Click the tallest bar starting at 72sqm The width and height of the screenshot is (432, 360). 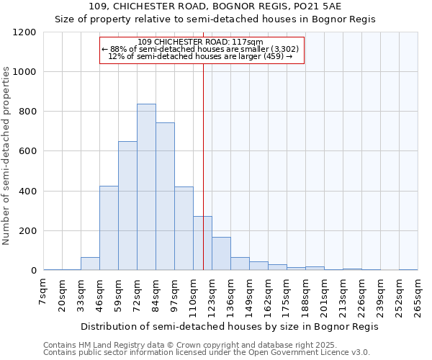146,187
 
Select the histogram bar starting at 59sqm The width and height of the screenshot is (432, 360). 127,206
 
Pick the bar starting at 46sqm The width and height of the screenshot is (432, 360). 109,228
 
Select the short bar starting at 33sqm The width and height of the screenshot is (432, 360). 90,264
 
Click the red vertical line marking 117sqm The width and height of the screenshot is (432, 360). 204,158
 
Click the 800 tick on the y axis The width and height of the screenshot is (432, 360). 27,112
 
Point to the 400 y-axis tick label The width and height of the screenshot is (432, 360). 27,192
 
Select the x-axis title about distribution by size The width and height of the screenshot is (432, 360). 230,326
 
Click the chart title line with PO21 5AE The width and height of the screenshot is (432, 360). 215,6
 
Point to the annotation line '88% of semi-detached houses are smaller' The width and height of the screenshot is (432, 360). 202,49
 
